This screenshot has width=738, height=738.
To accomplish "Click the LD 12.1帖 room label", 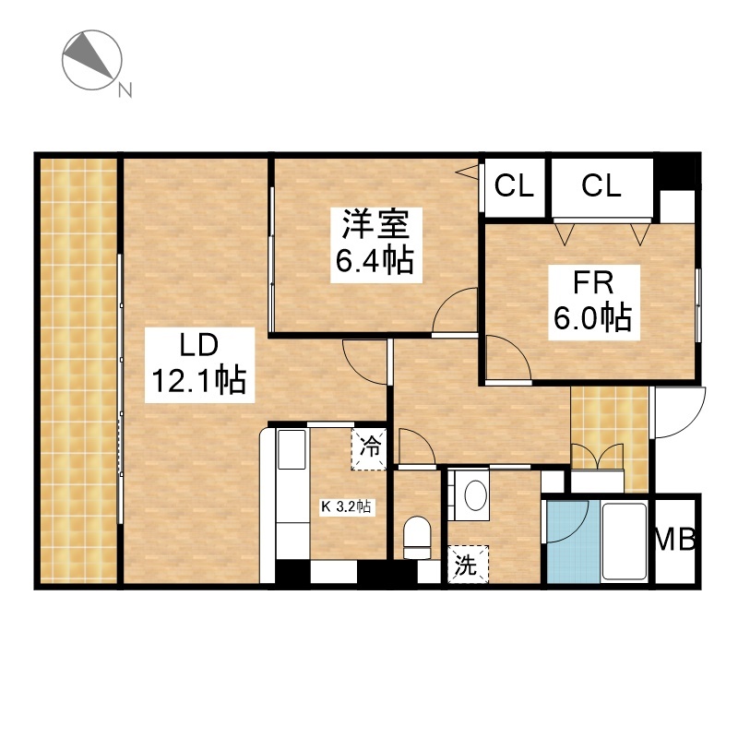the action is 199,364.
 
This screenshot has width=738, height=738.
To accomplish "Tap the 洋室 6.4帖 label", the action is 375,244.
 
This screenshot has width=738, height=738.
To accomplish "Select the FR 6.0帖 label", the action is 593,303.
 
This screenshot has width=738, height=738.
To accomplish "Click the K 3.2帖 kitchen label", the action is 346,506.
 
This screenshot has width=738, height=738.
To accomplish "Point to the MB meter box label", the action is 675,540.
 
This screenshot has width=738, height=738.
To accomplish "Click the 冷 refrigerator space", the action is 369,448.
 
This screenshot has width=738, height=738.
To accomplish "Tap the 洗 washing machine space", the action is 468,564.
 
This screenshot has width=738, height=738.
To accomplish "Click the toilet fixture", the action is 417,537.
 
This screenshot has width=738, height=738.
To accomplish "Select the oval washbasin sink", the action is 476,494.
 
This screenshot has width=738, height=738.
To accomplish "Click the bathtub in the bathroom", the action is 625,542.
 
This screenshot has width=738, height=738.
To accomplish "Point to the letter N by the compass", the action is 125,89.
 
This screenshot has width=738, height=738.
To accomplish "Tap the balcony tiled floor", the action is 78,371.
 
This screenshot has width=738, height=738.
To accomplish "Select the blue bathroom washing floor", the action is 573,542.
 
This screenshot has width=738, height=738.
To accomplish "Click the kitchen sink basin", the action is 292,449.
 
